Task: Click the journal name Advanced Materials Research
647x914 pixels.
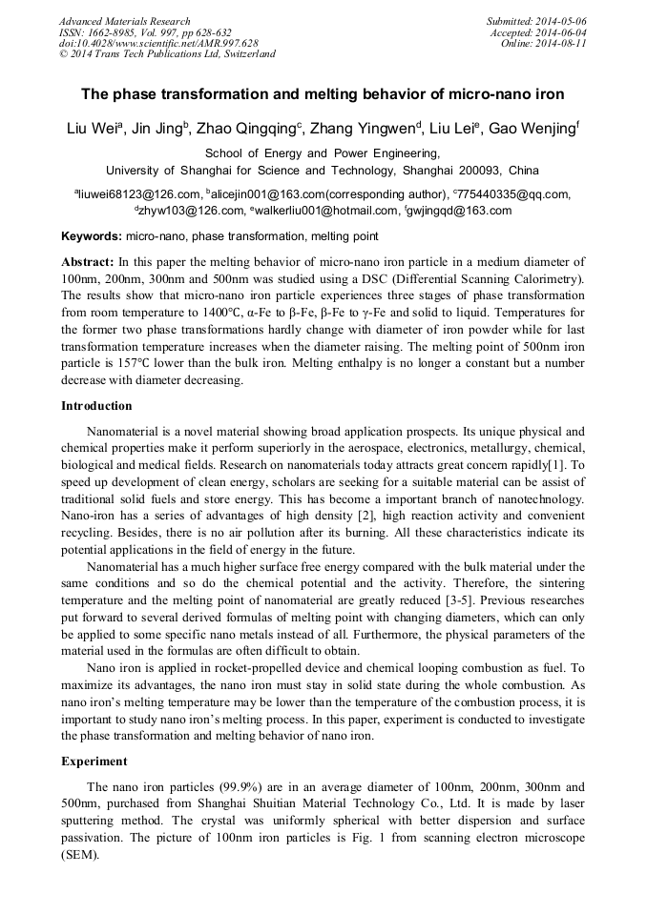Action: (124, 21)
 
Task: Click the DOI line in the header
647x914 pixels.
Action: (158, 43)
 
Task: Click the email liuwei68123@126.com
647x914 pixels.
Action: (136, 194)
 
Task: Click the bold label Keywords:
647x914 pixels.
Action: (91, 236)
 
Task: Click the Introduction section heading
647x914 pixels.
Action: (96, 406)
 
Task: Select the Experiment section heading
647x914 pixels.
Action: (93, 762)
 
